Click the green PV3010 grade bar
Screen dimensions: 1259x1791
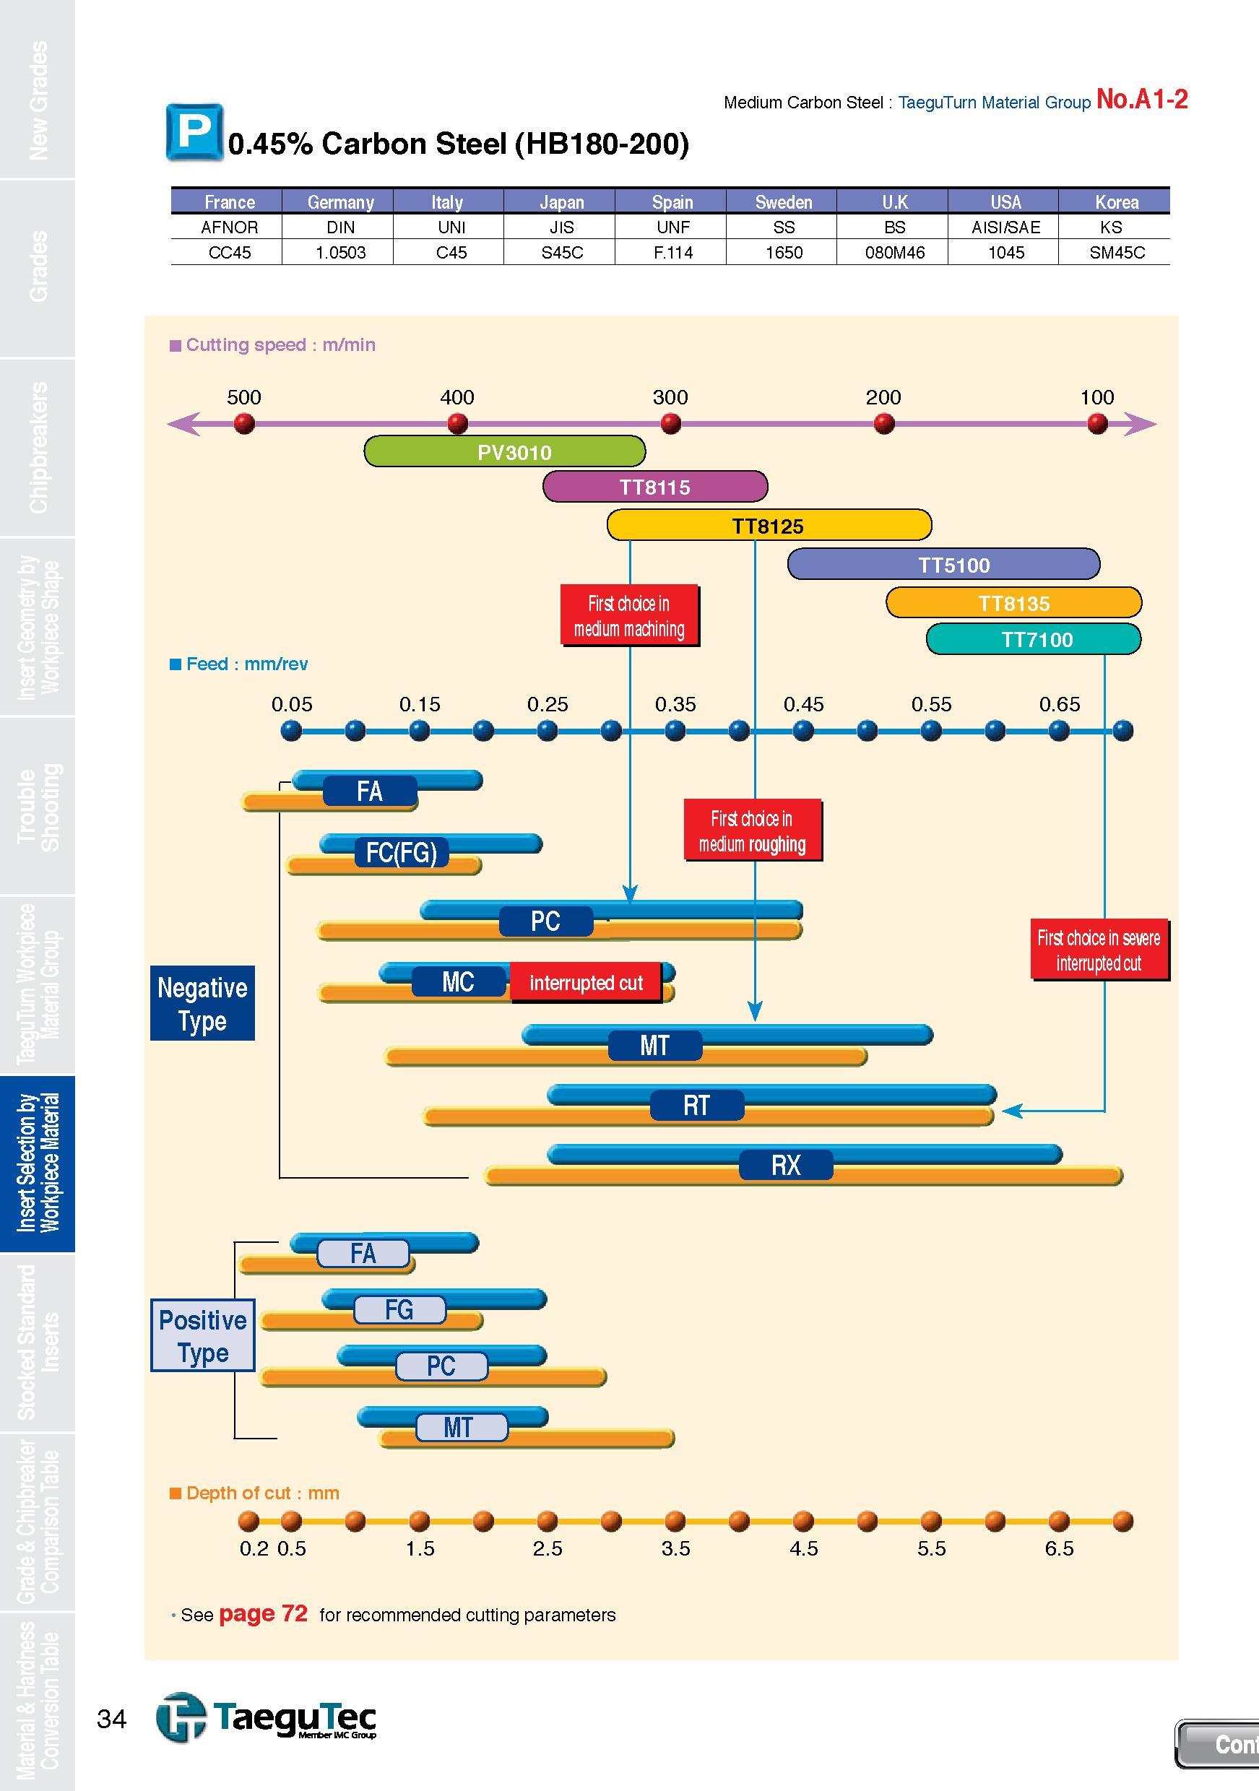point(505,451)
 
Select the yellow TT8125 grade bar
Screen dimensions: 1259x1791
point(769,525)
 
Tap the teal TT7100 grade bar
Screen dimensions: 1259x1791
point(1034,639)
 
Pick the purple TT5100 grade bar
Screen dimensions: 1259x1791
point(944,564)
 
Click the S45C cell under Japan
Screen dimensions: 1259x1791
point(562,253)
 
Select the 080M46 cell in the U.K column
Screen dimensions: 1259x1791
point(895,253)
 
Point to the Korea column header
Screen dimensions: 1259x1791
point(1116,202)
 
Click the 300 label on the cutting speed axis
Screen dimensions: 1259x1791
point(670,397)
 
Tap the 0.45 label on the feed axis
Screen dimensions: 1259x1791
point(803,704)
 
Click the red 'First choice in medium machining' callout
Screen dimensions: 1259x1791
point(628,615)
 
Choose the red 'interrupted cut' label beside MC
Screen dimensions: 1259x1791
point(586,983)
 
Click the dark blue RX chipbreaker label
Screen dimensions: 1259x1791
point(787,1166)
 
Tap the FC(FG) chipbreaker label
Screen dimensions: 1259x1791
point(402,853)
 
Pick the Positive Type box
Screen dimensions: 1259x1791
point(203,1336)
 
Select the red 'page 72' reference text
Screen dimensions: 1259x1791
point(264,1614)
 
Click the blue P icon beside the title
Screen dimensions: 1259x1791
point(194,133)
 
